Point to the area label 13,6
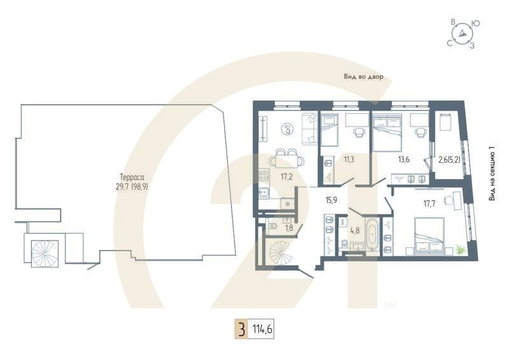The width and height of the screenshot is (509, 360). tap(403, 159)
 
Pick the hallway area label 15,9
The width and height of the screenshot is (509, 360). tap(331, 200)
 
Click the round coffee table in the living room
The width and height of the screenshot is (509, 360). tap(288, 129)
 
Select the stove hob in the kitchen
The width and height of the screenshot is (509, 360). tap(263, 175)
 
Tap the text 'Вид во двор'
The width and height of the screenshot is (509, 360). tap(363, 76)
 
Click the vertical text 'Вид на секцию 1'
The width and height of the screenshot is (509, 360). tap(492, 173)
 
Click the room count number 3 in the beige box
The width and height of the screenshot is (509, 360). tap(241, 330)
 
